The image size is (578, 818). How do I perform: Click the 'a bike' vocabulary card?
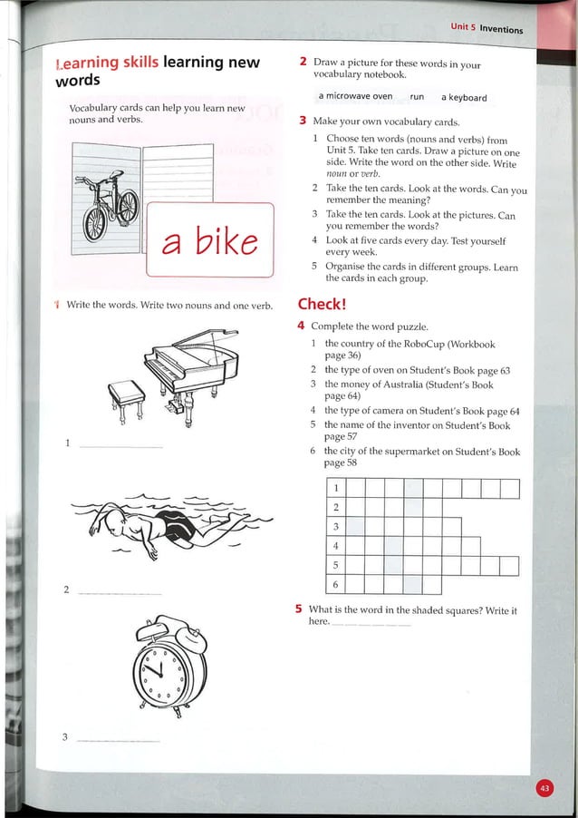point(209,239)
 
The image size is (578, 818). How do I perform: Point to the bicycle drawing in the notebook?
point(109,206)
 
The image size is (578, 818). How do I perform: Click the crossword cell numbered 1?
point(336,489)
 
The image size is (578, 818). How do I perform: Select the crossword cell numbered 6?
point(336,585)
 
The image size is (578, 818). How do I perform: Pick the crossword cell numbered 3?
point(336,527)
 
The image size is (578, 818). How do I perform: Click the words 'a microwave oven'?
point(355,97)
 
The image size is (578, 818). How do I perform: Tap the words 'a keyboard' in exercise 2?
point(464,97)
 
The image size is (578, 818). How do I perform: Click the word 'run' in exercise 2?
point(417,97)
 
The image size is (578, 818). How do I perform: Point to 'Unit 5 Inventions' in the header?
point(486,28)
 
